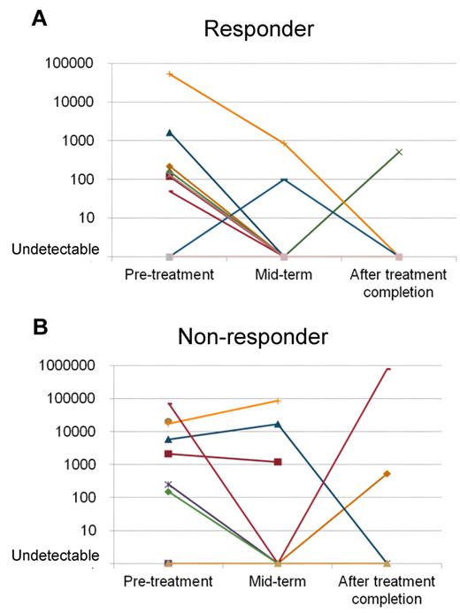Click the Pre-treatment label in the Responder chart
[x=168, y=274]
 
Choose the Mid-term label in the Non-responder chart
[x=278, y=581]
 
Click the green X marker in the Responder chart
[x=399, y=152]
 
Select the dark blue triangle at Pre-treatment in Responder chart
[x=168, y=133]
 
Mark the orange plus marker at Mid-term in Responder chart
[x=284, y=142]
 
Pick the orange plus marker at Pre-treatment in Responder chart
[x=168, y=74]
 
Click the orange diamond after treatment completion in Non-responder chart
[x=387, y=474]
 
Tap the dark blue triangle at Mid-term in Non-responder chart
[x=278, y=425]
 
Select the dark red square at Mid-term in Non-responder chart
[x=278, y=462]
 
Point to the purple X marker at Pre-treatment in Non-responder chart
[x=168, y=484]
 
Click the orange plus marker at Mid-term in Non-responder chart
[x=278, y=401]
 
